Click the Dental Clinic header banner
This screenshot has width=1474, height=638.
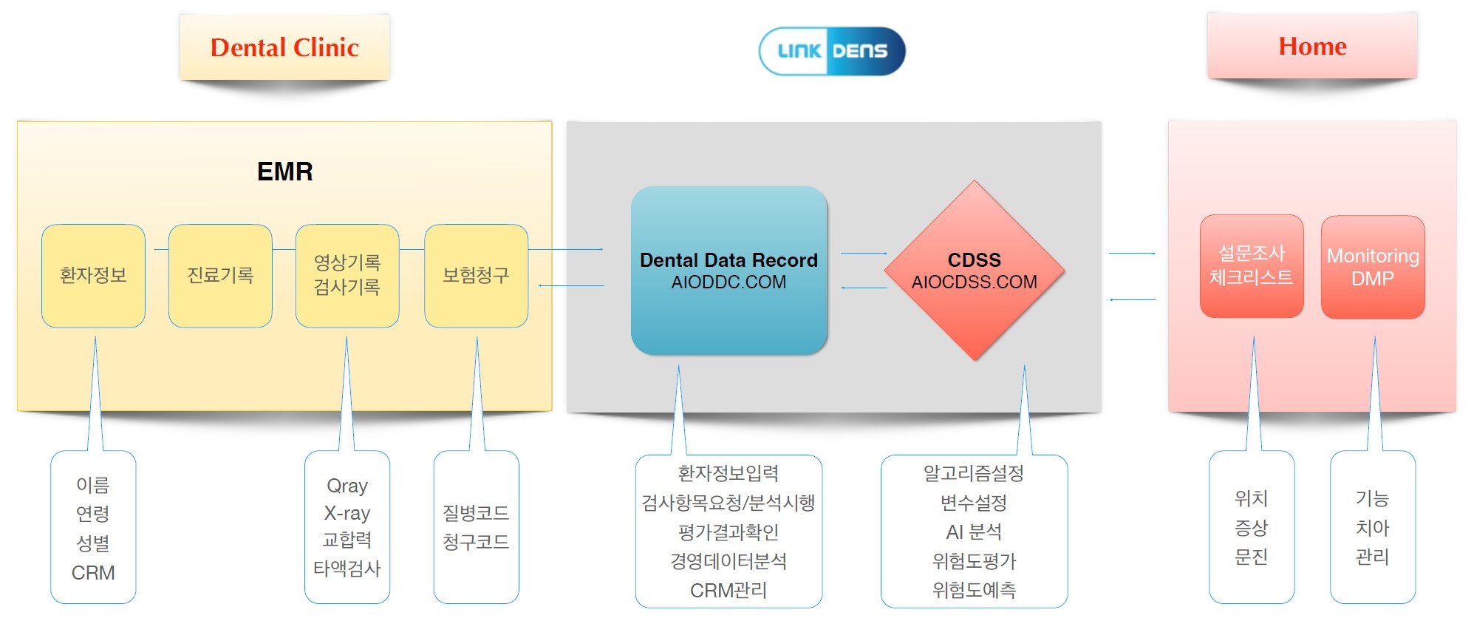point(284,47)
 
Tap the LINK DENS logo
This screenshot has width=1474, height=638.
point(832,51)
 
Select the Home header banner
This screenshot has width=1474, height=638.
point(1312,46)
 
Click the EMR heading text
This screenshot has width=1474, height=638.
point(285,172)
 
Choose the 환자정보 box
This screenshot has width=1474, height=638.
point(93,276)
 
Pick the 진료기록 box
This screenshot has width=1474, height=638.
point(220,276)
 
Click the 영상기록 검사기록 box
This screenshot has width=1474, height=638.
point(347,276)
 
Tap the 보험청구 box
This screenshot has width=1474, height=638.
point(476,276)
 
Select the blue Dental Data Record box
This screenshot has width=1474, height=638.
point(729,271)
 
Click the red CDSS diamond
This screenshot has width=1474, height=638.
point(975,271)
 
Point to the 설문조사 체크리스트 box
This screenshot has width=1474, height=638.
point(1252,266)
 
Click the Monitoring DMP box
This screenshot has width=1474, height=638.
point(1373,267)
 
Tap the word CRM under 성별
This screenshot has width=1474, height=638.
point(93,573)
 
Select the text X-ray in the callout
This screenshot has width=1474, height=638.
point(347,513)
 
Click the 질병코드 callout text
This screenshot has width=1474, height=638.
point(476,512)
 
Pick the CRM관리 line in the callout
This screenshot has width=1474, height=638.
point(729,591)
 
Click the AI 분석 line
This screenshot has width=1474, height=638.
point(974,532)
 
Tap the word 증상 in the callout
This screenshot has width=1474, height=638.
point(1251,528)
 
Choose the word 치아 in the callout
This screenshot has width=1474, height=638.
point(1372,528)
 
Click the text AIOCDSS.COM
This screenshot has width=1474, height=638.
point(975,282)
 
